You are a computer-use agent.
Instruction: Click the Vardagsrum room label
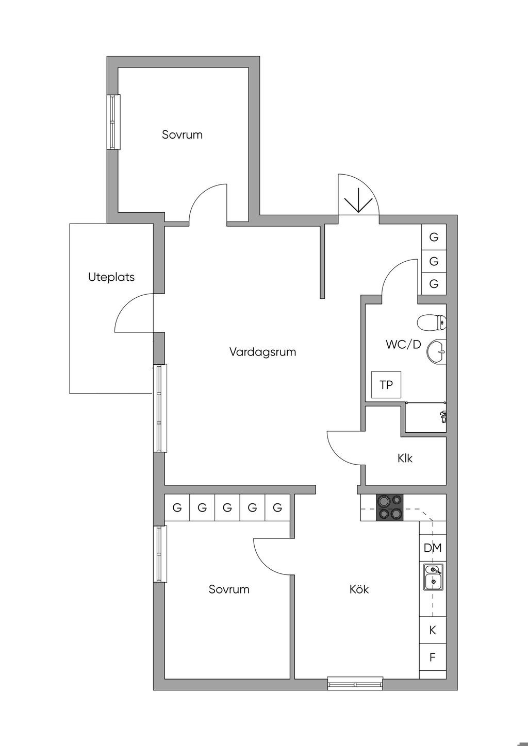pos(262,352)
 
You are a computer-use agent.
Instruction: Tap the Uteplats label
pos(111,277)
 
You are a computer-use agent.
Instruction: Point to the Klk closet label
pos(405,458)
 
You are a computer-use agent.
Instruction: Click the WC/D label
pos(403,344)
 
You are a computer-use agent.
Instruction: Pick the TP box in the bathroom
pos(386,385)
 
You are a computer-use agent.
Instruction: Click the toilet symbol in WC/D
pos(432,323)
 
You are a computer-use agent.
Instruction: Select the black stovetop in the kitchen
pos(390,507)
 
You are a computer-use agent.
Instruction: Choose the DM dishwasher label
pos(432,548)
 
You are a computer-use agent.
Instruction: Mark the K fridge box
pos(433,630)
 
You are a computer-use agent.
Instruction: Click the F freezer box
pos(433,657)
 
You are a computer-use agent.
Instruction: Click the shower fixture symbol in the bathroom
pos(443,417)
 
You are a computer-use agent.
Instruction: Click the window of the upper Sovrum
pos(113,122)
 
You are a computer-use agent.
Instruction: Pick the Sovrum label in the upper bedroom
pos(183,134)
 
